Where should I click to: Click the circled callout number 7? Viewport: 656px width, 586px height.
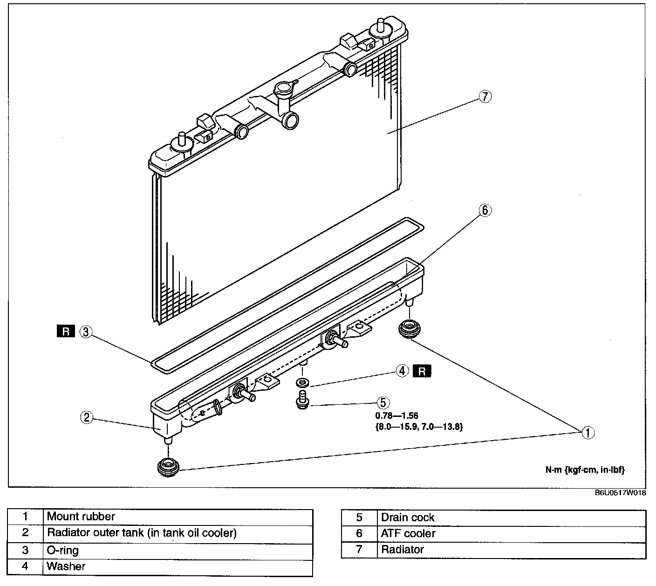(x=485, y=96)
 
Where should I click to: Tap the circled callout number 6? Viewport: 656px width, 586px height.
(x=485, y=211)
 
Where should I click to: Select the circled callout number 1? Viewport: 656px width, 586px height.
(x=588, y=433)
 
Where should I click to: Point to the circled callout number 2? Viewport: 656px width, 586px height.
(x=87, y=417)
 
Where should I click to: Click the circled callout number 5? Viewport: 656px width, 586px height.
(x=383, y=403)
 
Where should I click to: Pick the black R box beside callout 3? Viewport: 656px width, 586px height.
(x=66, y=331)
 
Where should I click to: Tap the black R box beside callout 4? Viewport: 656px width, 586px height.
(x=422, y=371)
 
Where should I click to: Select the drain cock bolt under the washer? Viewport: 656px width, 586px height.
(x=302, y=400)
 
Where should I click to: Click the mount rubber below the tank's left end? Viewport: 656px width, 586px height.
(x=168, y=467)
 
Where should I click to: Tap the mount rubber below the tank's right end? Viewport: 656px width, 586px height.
(x=410, y=329)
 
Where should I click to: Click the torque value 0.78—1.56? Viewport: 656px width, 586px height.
(x=396, y=416)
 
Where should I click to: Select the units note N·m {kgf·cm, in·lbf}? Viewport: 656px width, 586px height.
(x=585, y=470)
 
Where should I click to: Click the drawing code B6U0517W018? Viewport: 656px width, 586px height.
(x=620, y=493)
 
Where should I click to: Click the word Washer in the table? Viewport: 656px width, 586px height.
(x=66, y=566)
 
